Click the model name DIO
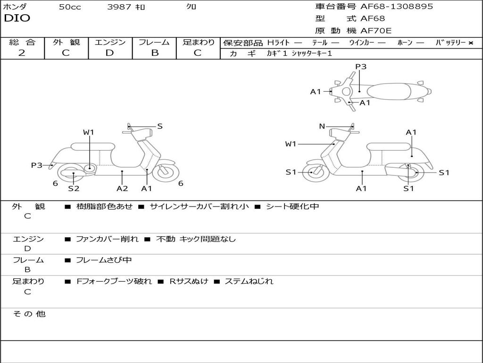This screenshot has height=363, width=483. point(17,18)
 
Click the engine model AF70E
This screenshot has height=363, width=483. point(376,31)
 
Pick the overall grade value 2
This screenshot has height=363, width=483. point(22,53)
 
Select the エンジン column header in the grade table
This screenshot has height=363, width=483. point(110,42)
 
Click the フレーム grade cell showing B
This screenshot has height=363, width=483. point(155,53)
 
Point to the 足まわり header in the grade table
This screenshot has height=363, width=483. point(198,42)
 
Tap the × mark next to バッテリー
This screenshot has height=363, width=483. point(471,43)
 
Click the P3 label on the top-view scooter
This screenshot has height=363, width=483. point(361,67)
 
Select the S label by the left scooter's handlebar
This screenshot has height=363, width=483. point(160,126)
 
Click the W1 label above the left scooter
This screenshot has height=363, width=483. point(89,132)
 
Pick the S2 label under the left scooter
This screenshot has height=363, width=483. point(74,189)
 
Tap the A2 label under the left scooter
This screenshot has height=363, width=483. point(122,189)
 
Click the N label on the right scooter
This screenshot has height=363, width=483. point(322,126)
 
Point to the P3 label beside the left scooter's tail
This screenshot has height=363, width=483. point(37,165)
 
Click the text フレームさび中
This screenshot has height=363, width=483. point(104,260)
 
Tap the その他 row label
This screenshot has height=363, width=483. point(29,314)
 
